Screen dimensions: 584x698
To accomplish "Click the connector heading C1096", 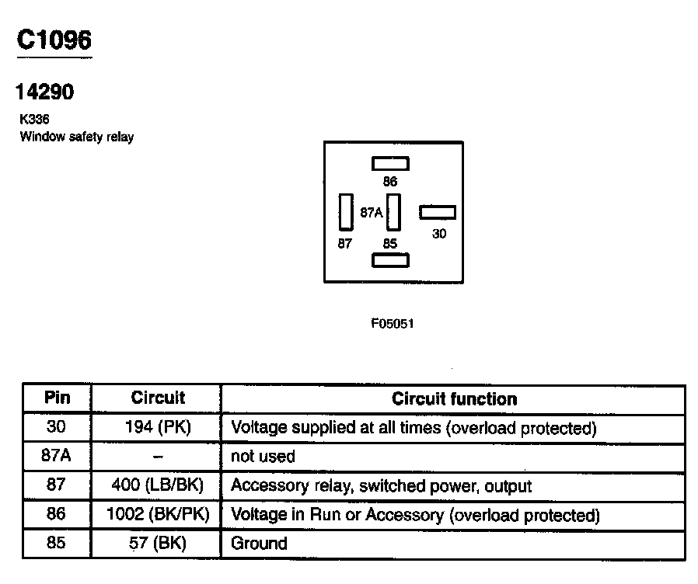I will (54, 40).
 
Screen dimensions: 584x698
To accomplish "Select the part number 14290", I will (45, 92).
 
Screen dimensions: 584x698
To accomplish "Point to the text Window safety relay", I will (76, 137).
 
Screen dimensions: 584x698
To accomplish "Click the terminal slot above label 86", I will (390, 163).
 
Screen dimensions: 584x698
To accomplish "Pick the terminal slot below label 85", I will (390, 261).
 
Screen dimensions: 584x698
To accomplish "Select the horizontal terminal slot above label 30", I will (438, 213).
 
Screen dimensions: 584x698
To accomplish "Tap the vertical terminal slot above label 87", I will (346, 211).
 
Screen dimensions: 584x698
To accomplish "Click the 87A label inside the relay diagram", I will (372, 212).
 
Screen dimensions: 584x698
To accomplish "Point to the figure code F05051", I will (392, 323).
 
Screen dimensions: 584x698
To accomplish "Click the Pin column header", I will (57, 398).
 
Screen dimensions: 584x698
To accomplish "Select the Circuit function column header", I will (454, 399).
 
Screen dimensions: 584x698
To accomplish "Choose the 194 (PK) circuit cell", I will (157, 428).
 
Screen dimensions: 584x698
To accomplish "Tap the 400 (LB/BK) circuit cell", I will (157, 486).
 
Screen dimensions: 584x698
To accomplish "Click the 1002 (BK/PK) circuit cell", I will (157, 515).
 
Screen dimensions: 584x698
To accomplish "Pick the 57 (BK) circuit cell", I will (157, 544).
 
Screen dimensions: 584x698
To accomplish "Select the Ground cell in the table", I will (259, 544).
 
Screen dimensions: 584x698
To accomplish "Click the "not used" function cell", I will (263, 457).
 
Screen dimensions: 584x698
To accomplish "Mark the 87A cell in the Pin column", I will (57, 457).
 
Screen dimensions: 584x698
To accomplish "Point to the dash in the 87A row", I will (157, 457).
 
